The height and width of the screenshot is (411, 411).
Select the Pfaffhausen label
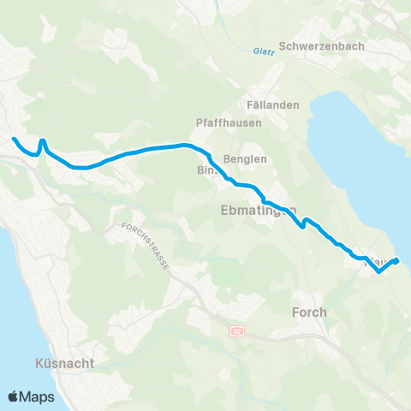228,122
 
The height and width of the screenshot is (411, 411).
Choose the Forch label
309,313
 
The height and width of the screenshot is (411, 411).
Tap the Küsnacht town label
65,363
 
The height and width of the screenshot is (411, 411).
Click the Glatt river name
263,52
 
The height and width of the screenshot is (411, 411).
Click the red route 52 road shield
237,331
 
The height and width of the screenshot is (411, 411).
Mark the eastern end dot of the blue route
396,261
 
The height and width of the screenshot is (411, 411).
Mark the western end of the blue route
13,139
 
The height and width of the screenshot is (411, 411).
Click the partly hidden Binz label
205,170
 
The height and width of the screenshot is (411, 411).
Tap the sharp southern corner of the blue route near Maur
378,274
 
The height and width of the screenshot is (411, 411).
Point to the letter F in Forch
296,313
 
